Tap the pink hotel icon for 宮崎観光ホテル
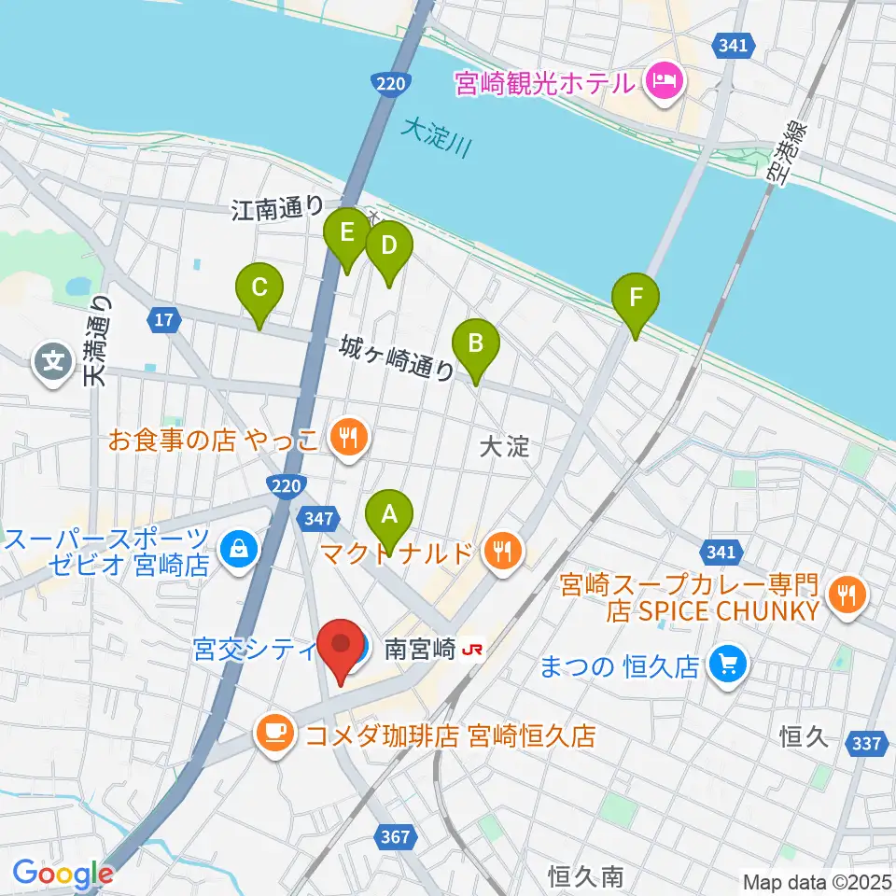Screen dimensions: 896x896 (665, 84)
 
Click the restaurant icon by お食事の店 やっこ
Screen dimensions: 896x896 (349, 439)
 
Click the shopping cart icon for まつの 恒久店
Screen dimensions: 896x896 (728, 665)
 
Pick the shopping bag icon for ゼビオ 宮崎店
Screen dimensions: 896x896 (240, 551)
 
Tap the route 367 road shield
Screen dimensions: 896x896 (396, 836)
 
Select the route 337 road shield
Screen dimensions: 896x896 (867, 744)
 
